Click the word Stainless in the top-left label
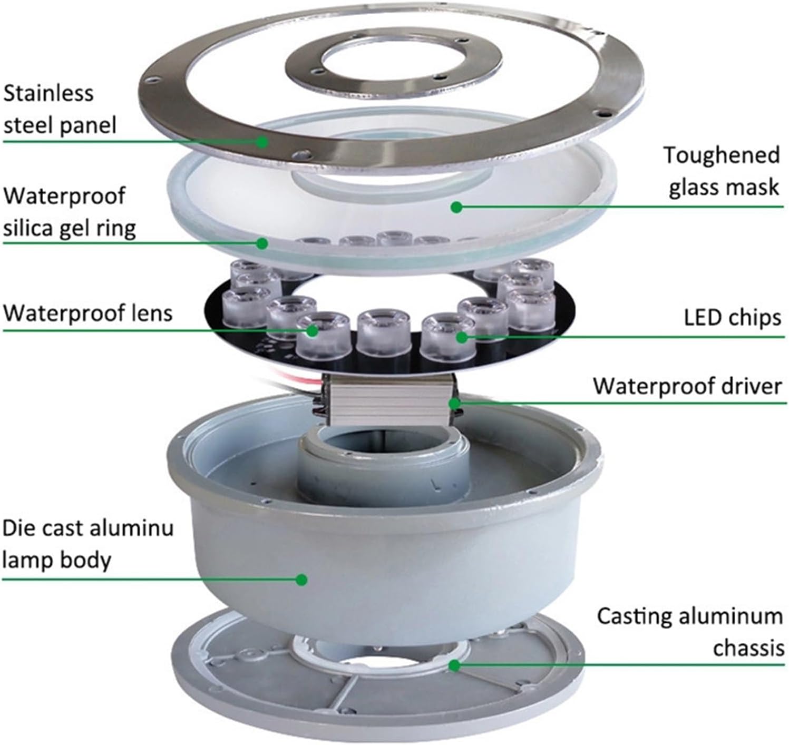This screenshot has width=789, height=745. tap(48, 93)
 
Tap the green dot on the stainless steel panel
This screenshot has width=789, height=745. tap(262, 141)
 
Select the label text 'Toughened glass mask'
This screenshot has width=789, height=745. tap(722, 171)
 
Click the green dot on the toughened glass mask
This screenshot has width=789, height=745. tap(457, 207)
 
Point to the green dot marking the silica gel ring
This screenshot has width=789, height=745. tap(261, 243)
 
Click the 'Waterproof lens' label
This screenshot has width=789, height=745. tap(88, 313)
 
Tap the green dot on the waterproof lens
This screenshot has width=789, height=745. tap(312, 331)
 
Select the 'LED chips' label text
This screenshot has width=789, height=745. tap(732, 318)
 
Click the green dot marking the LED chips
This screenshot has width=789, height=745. tap(462, 337)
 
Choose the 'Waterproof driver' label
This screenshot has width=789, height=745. tap(687, 386)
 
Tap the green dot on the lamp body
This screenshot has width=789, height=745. tap(301, 580)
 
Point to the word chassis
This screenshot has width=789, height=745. tap(748, 648)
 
